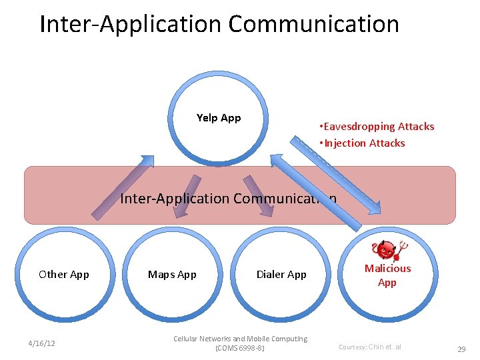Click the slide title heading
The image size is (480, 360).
coord(219,24)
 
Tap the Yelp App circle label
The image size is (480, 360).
coord(219,118)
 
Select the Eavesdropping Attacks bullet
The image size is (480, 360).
coord(377,127)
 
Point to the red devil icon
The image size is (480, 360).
coord(387,251)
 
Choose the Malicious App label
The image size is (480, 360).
coord(387,275)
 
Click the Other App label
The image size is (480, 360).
coord(64,274)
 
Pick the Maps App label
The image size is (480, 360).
coord(172,274)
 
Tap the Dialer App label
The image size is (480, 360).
coord(281,274)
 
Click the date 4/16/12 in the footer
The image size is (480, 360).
coord(41,343)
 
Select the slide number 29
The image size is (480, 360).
coord(461,349)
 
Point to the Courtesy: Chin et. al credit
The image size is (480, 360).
coord(370,347)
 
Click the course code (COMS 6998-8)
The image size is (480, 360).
coord(240,348)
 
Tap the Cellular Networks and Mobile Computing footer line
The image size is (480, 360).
coord(240,339)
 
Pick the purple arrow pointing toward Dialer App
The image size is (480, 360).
coord(259,195)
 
